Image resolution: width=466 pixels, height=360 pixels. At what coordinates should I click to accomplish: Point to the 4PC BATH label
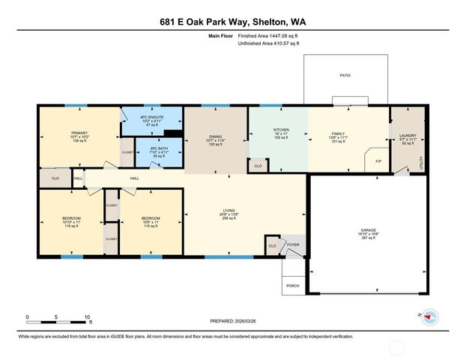pyautogui.click(x=157, y=148)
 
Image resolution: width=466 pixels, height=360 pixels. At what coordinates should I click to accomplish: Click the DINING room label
pyautogui.click(x=216, y=136)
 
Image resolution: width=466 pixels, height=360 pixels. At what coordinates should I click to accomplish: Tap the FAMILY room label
pyautogui.click(x=337, y=133)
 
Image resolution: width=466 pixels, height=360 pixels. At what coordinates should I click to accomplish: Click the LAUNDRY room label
pyautogui.click(x=408, y=136)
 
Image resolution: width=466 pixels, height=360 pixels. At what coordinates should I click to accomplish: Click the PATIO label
pyautogui.click(x=345, y=76)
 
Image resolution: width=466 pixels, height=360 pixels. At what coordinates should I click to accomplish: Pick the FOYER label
pyautogui.click(x=293, y=244)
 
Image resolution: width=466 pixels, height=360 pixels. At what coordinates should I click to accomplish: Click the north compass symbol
pyautogui.click(x=429, y=317)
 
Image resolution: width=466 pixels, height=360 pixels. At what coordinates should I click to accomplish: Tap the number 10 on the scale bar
pyautogui.click(x=88, y=316)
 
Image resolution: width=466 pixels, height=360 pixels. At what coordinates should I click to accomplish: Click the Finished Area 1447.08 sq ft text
pyautogui.click(x=268, y=35)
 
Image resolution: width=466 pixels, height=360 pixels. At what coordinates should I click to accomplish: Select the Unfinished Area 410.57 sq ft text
pyautogui.click(x=268, y=44)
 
